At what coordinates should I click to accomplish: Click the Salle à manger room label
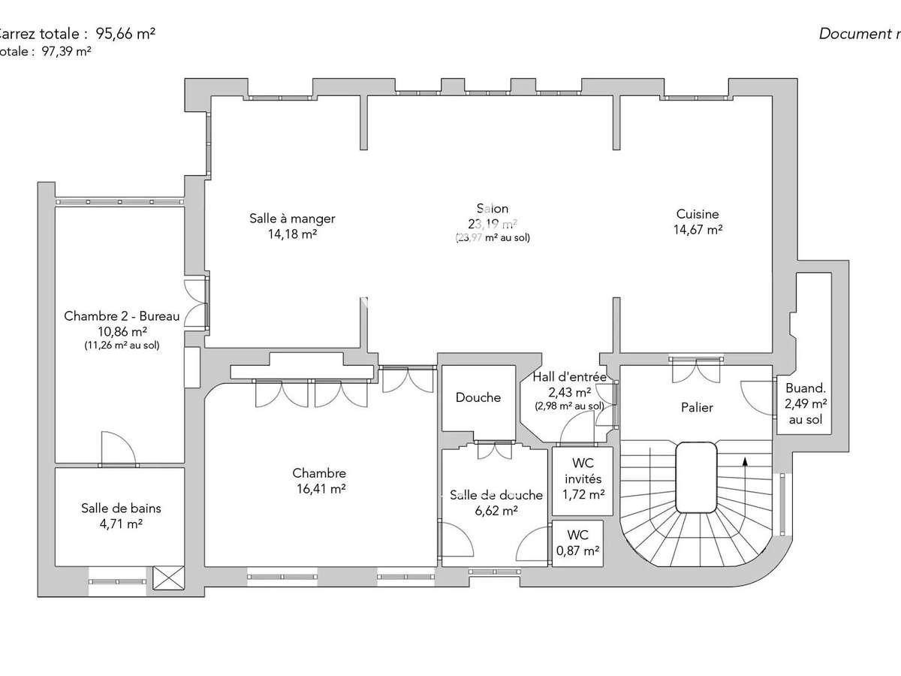pyautogui.click(x=292, y=219)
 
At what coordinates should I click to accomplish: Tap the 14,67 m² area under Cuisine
pyautogui.click(x=698, y=231)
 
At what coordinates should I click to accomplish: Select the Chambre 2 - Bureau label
pyautogui.click(x=122, y=316)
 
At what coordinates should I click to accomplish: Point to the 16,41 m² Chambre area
pyautogui.click(x=319, y=488)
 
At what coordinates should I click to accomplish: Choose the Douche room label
pyautogui.click(x=478, y=397)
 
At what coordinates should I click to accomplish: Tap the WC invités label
pyautogui.click(x=583, y=472)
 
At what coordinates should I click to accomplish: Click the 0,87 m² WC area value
pyautogui.click(x=577, y=550)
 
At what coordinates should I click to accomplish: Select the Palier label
pyautogui.click(x=696, y=408)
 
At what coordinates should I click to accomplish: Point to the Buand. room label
pyautogui.click(x=805, y=389)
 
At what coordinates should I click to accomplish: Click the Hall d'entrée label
pyautogui.click(x=568, y=376)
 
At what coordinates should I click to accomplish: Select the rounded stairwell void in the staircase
pyautogui.click(x=696, y=476)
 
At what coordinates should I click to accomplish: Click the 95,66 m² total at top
pyautogui.click(x=125, y=33)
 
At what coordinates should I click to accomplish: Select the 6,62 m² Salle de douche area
pyautogui.click(x=496, y=510)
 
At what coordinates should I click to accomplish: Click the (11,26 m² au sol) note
pyautogui.click(x=122, y=346)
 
